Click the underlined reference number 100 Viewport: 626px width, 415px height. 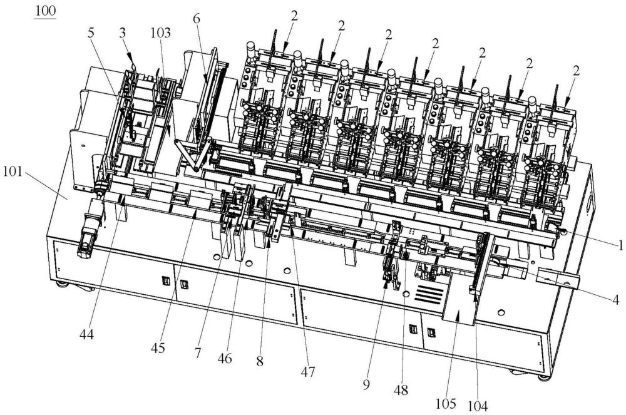(x=45, y=11)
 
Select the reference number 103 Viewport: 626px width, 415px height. (x=160, y=33)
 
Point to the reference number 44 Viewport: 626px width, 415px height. (x=86, y=334)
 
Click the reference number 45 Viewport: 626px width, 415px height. (x=158, y=348)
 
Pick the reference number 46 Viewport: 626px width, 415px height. (x=225, y=358)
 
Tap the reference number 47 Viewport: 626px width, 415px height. (x=308, y=372)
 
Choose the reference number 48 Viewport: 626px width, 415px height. (x=401, y=390)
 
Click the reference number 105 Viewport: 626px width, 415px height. (x=446, y=404)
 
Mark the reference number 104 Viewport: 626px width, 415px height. (x=478, y=406)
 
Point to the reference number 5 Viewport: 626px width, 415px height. (x=91, y=33)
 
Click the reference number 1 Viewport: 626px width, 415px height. (x=620, y=245)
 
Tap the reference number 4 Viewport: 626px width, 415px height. (x=616, y=299)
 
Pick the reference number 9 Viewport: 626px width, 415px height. (x=366, y=384)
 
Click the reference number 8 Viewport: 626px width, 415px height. (x=260, y=362)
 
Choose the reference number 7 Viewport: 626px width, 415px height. (x=198, y=353)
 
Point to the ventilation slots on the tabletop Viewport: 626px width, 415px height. (x=429, y=294)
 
